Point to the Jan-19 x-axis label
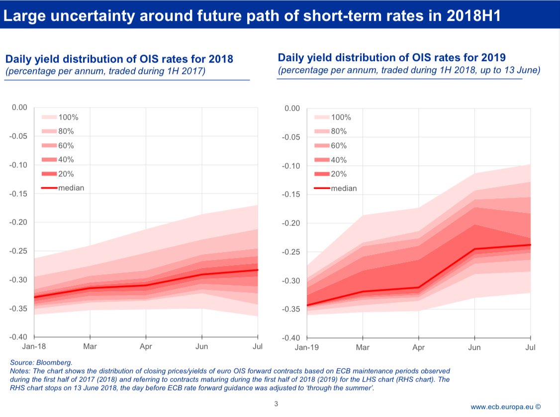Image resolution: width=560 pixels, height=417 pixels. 306,347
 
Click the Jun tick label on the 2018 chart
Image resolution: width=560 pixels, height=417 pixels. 201,346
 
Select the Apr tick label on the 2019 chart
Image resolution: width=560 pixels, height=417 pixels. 419,347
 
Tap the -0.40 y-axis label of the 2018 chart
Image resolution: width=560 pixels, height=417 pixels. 19,336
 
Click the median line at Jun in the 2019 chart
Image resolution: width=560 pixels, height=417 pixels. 475,249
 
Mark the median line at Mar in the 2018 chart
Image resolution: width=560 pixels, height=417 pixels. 90,288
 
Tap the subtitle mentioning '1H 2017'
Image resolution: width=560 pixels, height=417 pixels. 105,72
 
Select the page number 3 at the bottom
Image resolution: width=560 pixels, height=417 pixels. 276,403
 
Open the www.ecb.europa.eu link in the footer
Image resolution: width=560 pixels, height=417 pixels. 502,407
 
